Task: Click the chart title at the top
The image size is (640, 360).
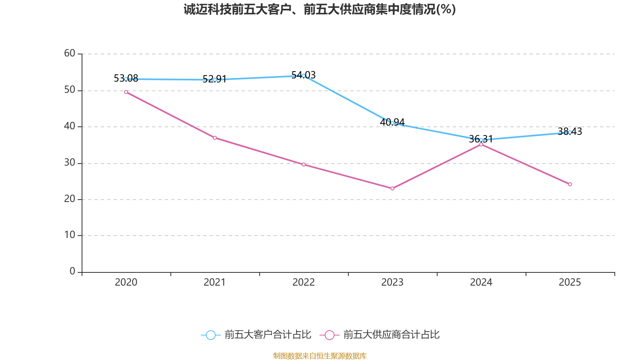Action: click(x=320, y=10)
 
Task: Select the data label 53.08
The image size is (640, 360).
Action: click(x=126, y=78)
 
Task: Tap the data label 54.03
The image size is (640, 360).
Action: click(x=304, y=75)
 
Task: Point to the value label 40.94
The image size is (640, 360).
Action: click(x=392, y=122)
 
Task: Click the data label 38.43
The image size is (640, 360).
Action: click(x=570, y=132)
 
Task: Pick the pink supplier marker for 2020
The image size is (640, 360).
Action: click(x=126, y=92)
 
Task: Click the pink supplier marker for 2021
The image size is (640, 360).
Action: click(x=215, y=138)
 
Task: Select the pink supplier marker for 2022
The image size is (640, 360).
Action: click(x=304, y=164)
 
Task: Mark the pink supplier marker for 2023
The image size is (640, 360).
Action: click(x=392, y=188)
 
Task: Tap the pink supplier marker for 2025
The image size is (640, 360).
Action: click(x=570, y=184)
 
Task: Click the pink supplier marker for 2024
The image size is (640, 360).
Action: click(x=481, y=144)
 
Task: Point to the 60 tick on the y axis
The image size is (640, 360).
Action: click(x=70, y=53)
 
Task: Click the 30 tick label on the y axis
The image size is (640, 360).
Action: click(x=70, y=162)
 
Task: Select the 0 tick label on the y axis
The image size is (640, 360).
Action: click(x=72, y=271)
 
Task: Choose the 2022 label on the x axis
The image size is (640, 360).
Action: click(x=304, y=282)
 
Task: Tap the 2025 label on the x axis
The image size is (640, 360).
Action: click(x=570, y=282)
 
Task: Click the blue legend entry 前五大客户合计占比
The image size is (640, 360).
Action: click(x=256, y=335)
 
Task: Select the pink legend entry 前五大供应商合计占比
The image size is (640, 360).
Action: click(x=380, y=335)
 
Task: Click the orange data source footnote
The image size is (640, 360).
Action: click(x=320, y=356)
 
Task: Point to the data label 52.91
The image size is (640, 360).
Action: click(x=214, y=79)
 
